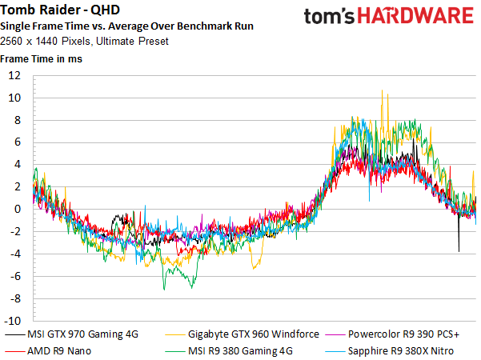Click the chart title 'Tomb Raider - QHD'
(x=60, y=10)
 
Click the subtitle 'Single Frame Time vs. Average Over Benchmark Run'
(x=126, y=26)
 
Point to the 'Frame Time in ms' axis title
(x=41, y=59)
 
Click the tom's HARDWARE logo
(x=389, y=16)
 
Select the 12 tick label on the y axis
(x=14, y=75)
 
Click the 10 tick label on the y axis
(x=14, y=98)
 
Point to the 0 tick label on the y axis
(x=18, y=209)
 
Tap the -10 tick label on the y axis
(x=12, y=321)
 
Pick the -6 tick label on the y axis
(x=15, y=276)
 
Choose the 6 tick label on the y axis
(x=18, y=142)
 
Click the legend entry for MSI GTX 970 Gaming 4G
(x=72, y=334)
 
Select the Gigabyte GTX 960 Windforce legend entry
(x=242, y=334)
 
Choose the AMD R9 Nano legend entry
(x=48, y=350)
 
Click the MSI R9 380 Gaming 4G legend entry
(x=229, y=350)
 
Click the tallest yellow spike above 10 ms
(x=382, y=90)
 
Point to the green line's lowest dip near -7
(x=164, y=290)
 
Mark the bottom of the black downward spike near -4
(x=459, y=251)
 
